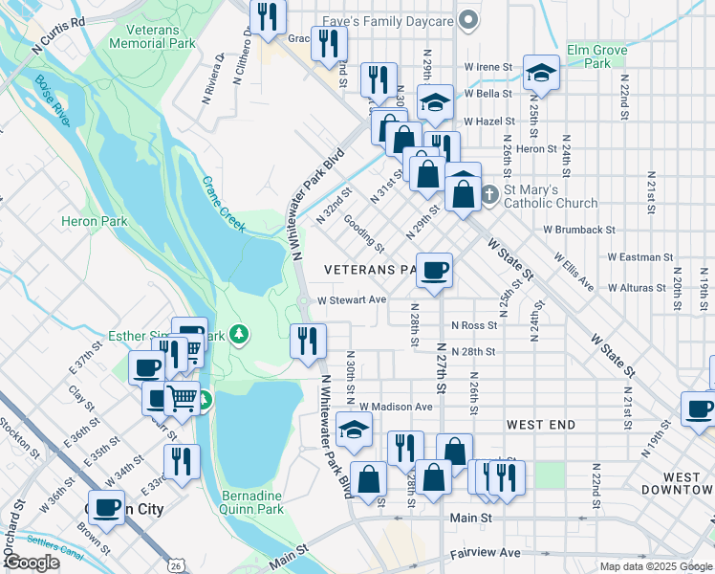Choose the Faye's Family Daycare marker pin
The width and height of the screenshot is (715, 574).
467,19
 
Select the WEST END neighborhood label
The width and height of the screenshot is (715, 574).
541,424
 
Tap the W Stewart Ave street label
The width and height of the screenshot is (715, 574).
352,299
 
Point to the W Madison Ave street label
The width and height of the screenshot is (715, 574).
397,407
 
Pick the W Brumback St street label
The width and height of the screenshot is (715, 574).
579,230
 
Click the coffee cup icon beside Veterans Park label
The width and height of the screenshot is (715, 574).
434,272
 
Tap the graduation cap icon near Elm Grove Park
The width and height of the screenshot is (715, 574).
541,73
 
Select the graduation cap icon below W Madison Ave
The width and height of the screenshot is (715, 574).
354,430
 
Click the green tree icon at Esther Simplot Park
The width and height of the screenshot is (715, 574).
243,334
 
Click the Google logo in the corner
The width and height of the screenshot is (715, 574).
32,563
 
